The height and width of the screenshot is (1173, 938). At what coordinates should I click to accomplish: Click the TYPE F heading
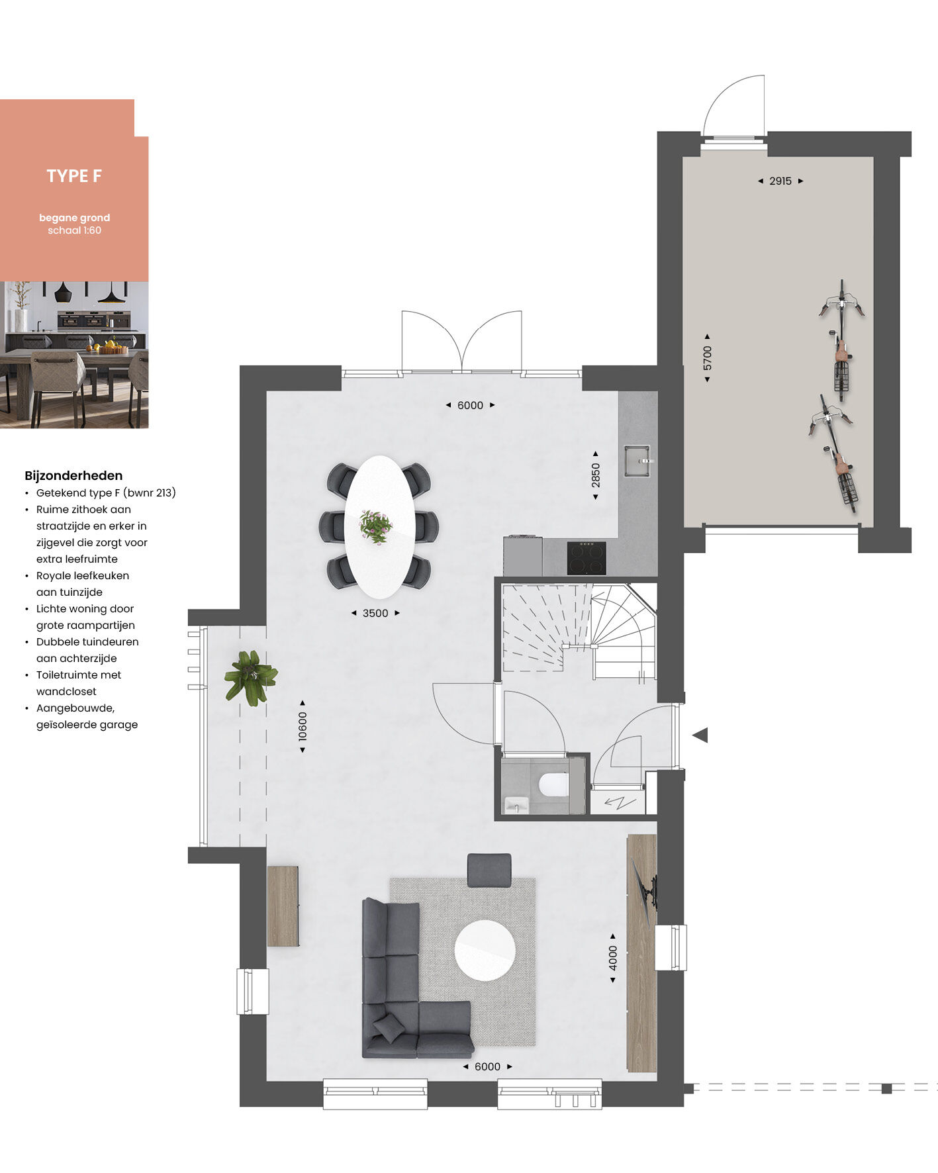pyautogui.click(x=74, y=176)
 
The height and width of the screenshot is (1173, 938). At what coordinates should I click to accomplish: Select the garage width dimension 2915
pyautogui.click(x=780, y=181)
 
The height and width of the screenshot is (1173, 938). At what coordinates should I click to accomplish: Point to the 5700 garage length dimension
pyautogui.click(x=708, y=358)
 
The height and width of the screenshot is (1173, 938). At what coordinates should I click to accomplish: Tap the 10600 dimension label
pyautogui.click(x=303, y=726)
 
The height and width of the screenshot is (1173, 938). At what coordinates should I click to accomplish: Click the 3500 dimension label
pyautogui.click(x=375, y=613)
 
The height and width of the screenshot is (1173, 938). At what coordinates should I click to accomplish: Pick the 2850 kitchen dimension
pyautogui.click(x=596, y=475)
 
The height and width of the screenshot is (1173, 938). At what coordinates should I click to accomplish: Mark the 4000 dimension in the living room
pyautogui.click(x=613, y=958)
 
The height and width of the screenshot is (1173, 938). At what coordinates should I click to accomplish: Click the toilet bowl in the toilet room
pyautogui.click(x=553, y=785)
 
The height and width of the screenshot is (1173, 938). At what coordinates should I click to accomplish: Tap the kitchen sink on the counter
pyautogui.click(x=638, y=461)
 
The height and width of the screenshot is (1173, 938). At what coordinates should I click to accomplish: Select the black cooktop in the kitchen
pyautogui.click(x=586, y=558)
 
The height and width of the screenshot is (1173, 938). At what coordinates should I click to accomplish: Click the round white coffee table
pyautogui.click(x=485, y=951)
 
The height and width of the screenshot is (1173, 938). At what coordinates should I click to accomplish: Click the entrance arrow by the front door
pyautogui.click(x=700, y=735)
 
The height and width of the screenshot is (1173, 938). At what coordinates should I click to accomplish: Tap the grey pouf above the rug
pyautogui.click(x=489, y=870)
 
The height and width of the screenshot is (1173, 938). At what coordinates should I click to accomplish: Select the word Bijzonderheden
pyautogui.click(x=73, y=475)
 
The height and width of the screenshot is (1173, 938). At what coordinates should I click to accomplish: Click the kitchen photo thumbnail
pyautogui.click(x=74, y=355)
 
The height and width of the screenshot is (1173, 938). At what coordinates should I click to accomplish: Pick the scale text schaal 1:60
pyautogui.click(x=74, y=230)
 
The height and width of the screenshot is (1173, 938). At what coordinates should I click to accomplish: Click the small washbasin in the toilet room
pyautogui.click(x=516, y=804)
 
